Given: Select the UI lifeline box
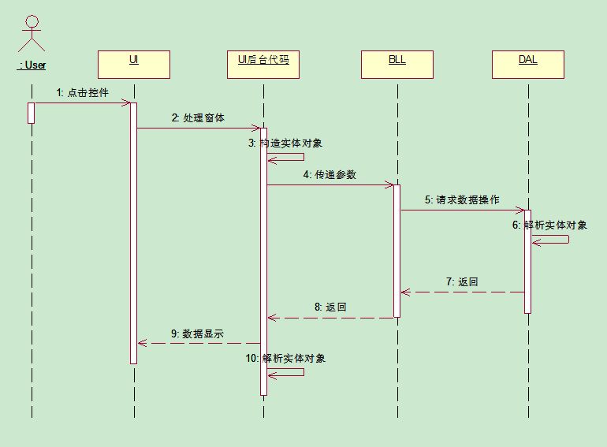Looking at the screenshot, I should click(x=133, y=64).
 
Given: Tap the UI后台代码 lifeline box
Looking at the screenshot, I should click(x=263, y=64).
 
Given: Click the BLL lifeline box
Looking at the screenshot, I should click(x=397, y=64).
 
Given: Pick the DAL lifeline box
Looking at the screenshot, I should click(x=527, y=64).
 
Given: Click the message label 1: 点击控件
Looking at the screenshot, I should click(x=82, y=93).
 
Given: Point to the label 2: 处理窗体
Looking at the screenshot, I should click(x=198, y=118).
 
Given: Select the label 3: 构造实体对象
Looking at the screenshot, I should click(x=285, y=143).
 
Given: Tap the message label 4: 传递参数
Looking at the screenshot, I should click(x=330, y=175).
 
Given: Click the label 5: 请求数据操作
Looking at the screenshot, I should click(x=462, y=200).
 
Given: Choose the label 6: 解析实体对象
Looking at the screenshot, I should click(x=549, y=225).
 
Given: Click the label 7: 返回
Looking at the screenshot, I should click(x=462, y=282).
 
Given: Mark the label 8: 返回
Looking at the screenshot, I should click(x=330, y=307).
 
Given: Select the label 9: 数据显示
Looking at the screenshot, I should click(x=198, y=333).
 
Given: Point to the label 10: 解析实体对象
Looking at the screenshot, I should click(x=285, y=359).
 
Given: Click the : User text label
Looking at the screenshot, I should click(x=32, y=65).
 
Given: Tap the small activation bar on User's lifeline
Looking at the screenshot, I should click(x=32, y=113).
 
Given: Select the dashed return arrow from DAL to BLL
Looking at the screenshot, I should click(x=462, y=292).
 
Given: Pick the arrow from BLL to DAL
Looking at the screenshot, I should click(x=462, y=210).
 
